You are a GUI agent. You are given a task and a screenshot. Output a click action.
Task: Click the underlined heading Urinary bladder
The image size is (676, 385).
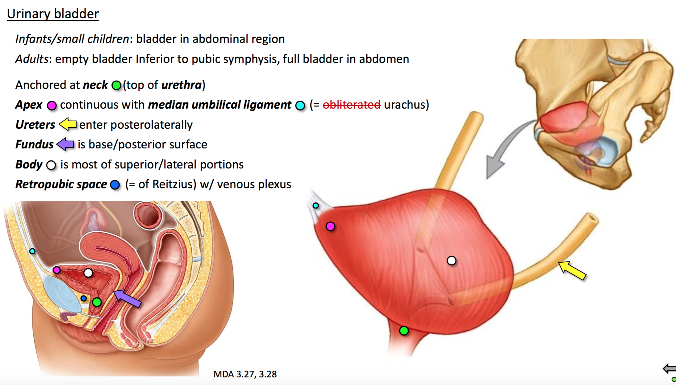pos(53,14)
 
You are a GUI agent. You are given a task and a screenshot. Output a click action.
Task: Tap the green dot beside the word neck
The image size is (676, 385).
pos(116,85)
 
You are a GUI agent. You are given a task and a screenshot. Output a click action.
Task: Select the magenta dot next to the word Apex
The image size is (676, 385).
pos(52,106)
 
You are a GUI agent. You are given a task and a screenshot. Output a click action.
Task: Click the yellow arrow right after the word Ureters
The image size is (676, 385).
pos(68,124)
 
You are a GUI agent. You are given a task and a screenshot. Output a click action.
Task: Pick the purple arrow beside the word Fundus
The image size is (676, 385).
pos(65,144)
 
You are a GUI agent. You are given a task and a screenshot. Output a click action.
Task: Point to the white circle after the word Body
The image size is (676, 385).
pos(51,165)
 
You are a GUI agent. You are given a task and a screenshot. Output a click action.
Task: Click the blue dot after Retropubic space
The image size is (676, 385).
pos(115,185)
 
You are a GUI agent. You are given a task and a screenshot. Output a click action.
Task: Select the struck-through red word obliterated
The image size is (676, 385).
pos(352,105)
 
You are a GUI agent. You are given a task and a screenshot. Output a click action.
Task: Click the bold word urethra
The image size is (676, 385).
pos(181,85)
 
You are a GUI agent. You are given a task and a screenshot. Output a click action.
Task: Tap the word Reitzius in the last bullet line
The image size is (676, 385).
pos(174,184)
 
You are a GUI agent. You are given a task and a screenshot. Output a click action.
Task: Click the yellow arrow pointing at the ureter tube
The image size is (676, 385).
pos(572,270)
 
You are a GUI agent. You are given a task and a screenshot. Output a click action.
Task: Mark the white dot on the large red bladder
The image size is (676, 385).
pos(451,261)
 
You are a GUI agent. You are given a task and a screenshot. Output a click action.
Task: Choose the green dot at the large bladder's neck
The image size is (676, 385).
pos(404,331)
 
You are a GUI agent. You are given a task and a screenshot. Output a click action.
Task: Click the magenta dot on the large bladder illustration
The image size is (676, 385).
pos(330,226)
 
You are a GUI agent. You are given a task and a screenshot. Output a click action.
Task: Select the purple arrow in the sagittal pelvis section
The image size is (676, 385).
pos(127,298)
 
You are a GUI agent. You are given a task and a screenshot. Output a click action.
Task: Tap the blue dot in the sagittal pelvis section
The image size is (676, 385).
pos(84,298)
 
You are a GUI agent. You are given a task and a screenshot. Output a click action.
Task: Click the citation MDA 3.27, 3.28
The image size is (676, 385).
pos(245,374)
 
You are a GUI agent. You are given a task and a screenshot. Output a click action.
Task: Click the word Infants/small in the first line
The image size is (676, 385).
pos(50,39)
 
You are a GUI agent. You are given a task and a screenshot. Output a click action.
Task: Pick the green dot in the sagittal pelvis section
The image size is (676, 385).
pos(97,302)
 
